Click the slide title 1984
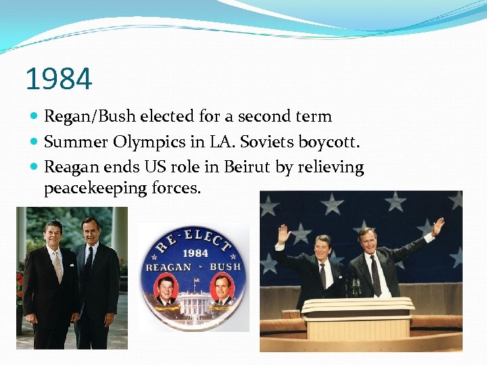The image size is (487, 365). click(58, 79)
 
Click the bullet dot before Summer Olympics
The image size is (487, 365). click(34, 142)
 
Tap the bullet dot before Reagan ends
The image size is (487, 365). click(34, 167)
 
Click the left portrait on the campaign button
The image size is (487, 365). click(166, 289)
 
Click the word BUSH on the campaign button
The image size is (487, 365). click(226, 266)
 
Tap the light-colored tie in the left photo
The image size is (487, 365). click(59, 267)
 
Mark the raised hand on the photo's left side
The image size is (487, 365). click(283, 235)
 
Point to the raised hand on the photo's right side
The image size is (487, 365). click(438, 226)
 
